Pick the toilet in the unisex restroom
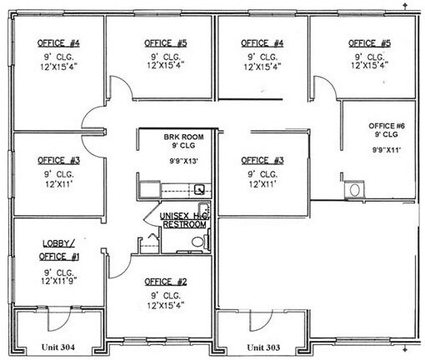[197, 241]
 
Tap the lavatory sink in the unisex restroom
[151, 242]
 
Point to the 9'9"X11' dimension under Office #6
[386, 150]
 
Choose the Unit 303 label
[262, 346]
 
